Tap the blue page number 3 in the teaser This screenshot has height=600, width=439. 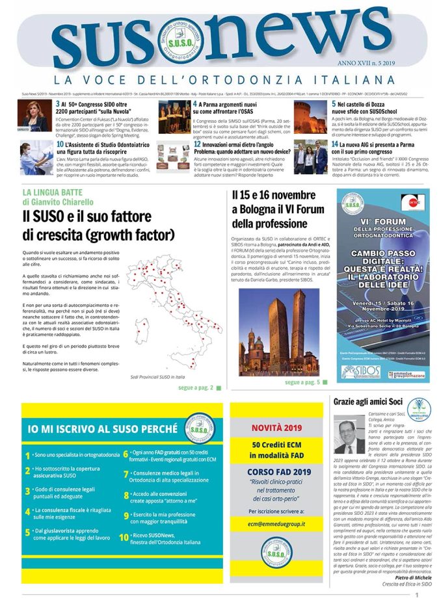point(58,104)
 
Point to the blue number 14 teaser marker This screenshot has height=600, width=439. point(334,144)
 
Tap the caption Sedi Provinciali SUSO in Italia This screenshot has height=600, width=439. point(157,376)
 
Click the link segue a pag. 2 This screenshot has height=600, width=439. point(196,387)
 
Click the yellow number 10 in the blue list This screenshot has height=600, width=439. point(124,538)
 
